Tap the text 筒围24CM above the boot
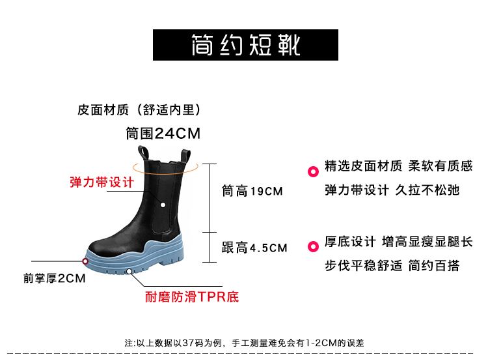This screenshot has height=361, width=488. [163, 134]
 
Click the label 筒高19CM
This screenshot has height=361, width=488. [252, 191]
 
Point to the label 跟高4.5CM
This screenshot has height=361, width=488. [254, 248]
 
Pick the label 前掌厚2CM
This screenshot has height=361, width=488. [55, 279]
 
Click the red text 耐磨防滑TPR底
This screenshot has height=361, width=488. [191, 298]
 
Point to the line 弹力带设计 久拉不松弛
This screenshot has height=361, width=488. [392, 190]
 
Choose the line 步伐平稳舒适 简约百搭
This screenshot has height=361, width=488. [392, 265]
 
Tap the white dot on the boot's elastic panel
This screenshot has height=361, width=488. [163, 206]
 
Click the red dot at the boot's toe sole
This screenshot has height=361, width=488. [85, 261]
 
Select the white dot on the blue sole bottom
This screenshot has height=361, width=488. [130, 271]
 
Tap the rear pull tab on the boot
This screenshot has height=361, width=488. [187, 156]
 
